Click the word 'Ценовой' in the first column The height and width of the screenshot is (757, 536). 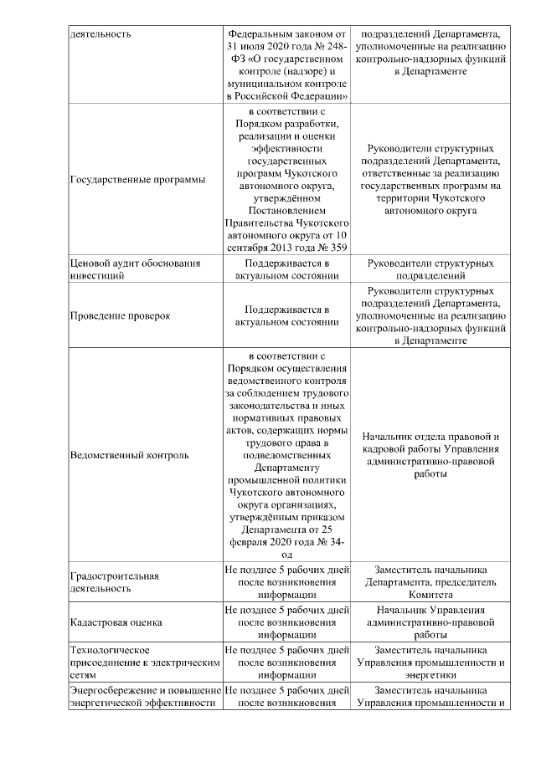tap(89, 263)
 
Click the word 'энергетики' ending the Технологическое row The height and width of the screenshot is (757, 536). tap(432, 676)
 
